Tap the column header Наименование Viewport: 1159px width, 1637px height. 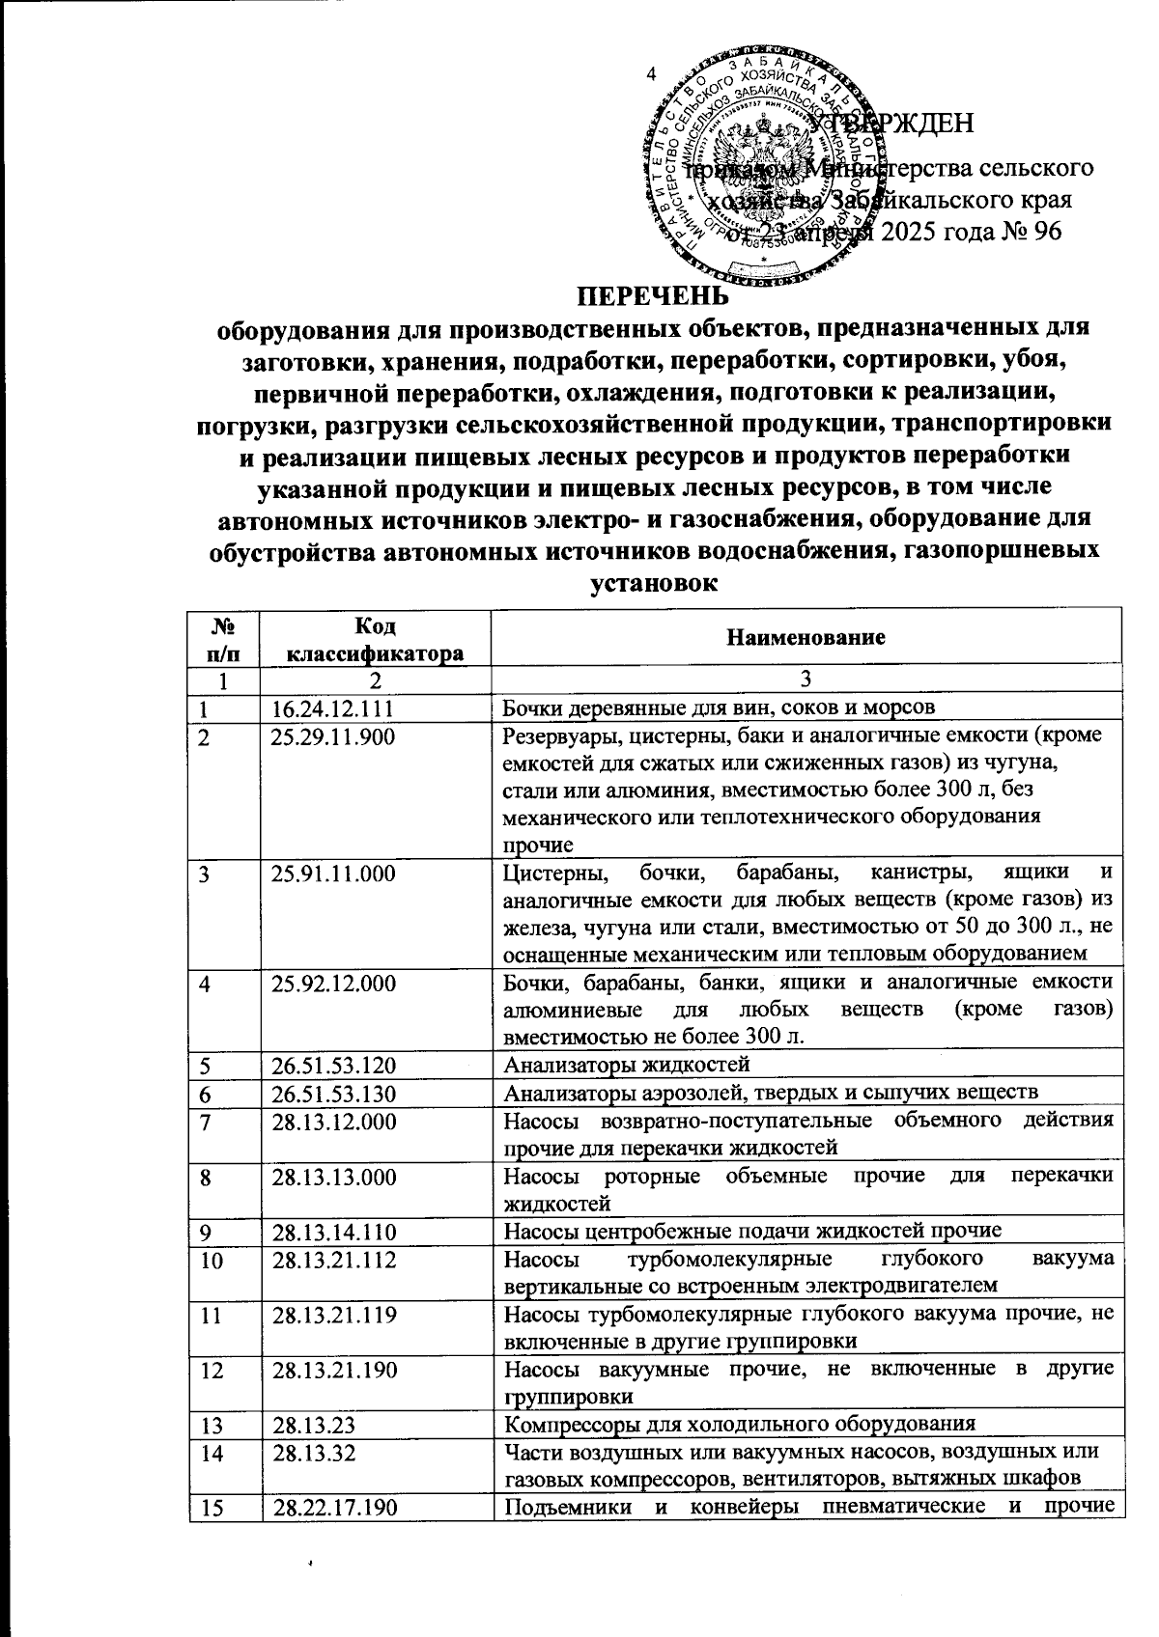[806, 637]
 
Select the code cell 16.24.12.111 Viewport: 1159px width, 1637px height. [333, 708]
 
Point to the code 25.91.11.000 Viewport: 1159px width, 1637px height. [333, 874]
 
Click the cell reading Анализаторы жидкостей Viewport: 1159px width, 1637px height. [628, 1066]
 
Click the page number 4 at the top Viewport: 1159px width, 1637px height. [651, 73]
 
